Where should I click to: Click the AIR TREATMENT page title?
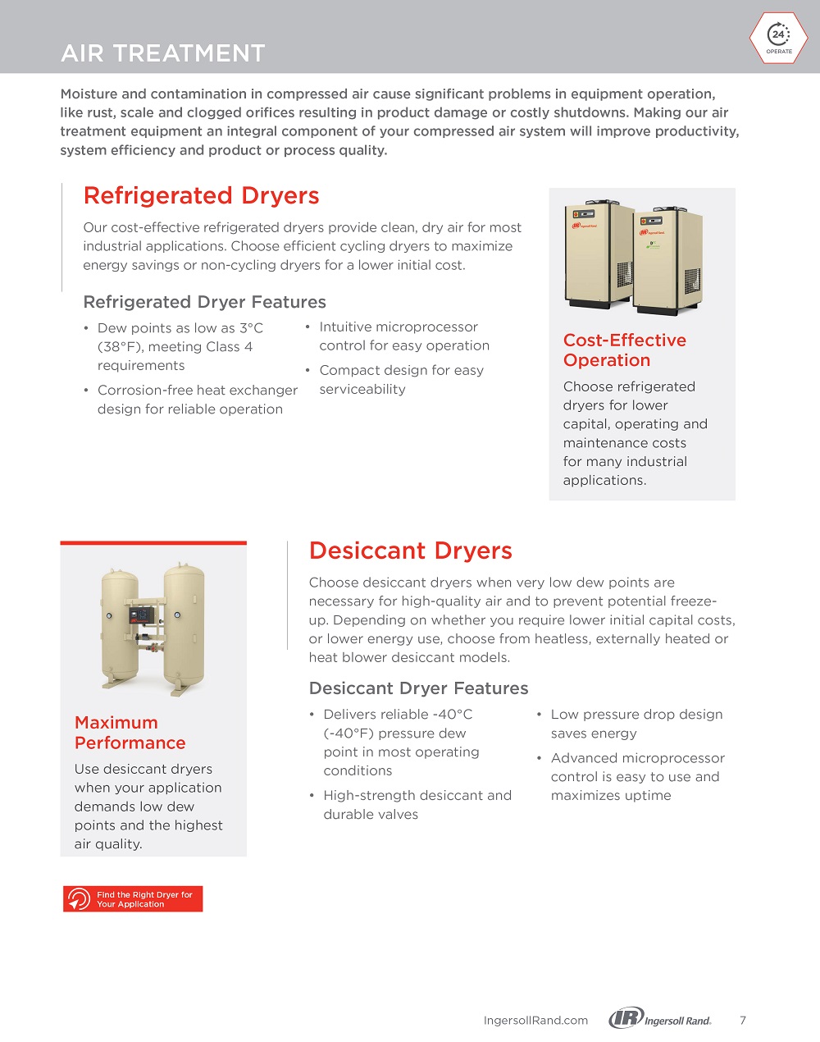[163, 53]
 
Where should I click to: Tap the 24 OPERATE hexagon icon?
[778, 39]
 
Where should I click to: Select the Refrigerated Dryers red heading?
[201, 196]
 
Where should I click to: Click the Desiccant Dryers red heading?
[410, 551]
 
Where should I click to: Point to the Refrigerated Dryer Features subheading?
[204, 302]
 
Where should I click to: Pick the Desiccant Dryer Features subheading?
[418, 688]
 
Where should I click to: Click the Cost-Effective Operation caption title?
[624, 350]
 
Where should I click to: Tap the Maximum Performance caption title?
[130, 733]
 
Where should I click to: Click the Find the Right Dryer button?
[133, 899]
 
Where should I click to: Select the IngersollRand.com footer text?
[535, 1021]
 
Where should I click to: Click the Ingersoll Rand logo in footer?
[660, 1019]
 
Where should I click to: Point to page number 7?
[743, 1021]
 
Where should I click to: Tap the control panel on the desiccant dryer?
[142, 616]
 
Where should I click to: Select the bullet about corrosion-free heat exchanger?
[197, 400]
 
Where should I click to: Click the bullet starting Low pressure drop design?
[635, 724]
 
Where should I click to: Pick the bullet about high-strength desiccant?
[417, 805]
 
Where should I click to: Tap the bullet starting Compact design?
[401, 380]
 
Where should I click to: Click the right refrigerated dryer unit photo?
[667, 261]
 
